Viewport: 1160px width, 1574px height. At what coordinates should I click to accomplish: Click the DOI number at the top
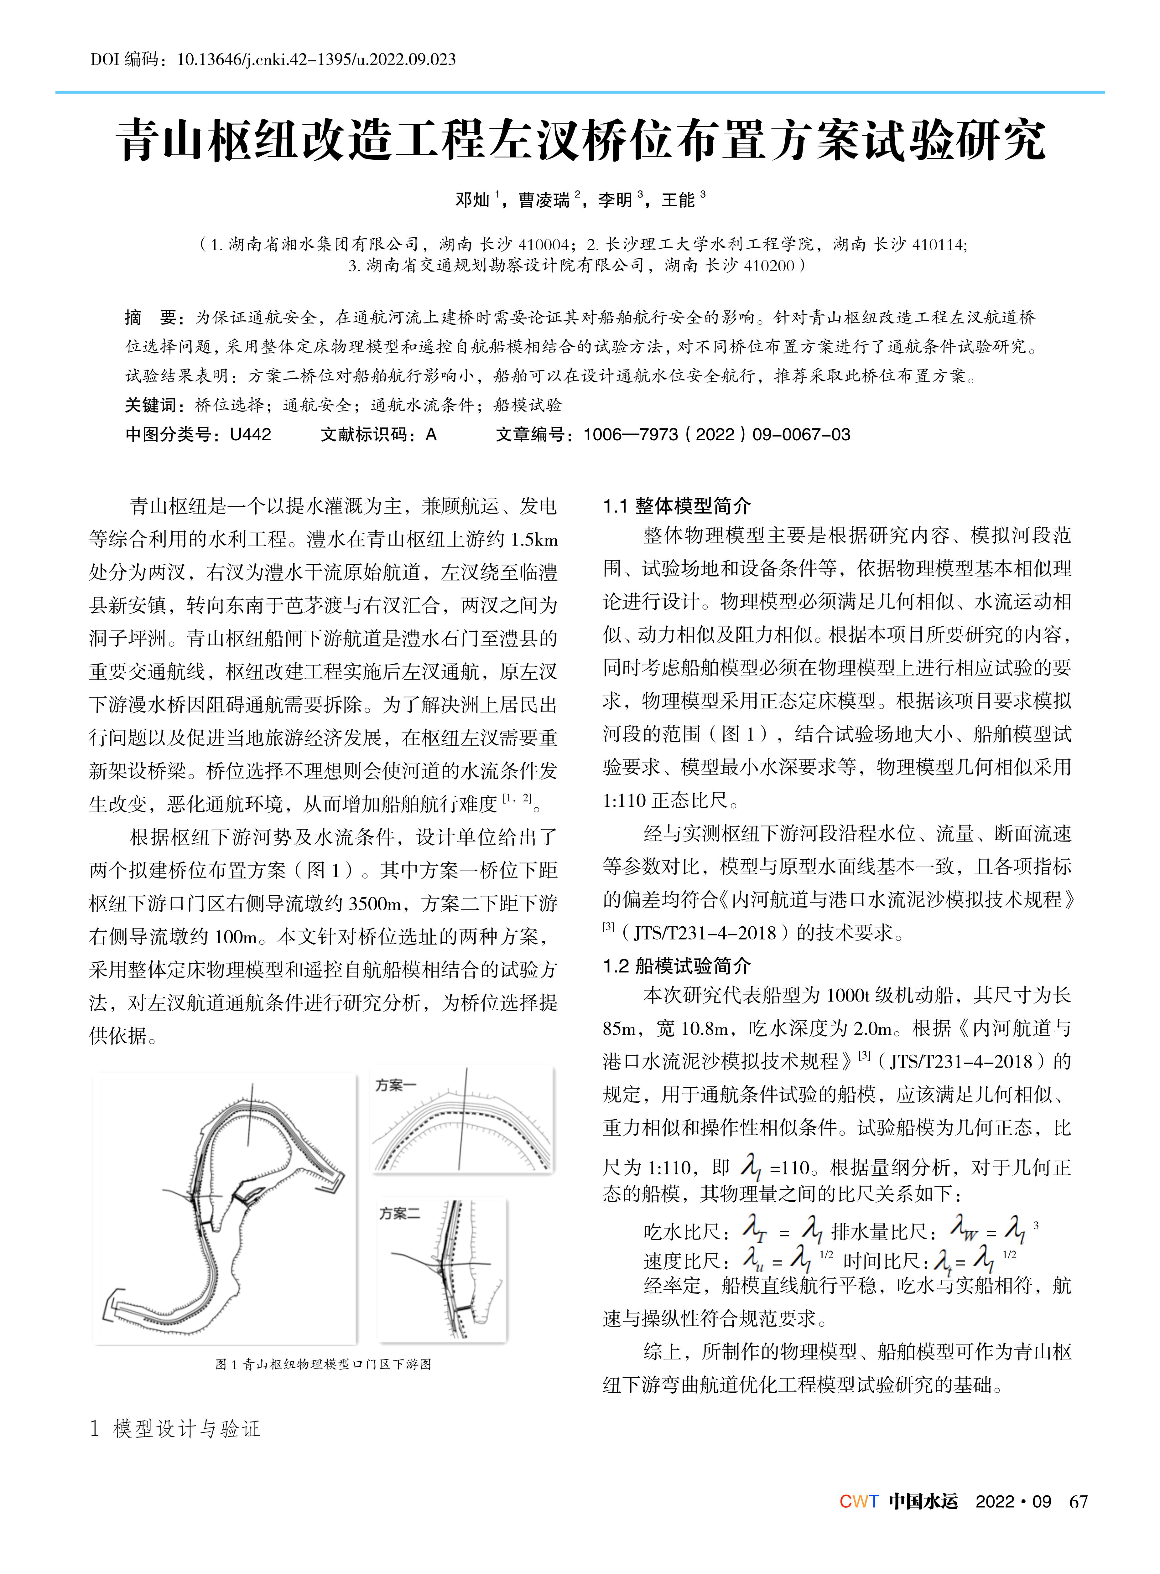[316, 60]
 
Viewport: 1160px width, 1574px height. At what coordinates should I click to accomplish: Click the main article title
[580, 140]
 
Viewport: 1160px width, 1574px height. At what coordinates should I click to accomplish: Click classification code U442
[250, 435]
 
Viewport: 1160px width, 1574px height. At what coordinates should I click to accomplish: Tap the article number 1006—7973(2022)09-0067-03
[716, 435]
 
